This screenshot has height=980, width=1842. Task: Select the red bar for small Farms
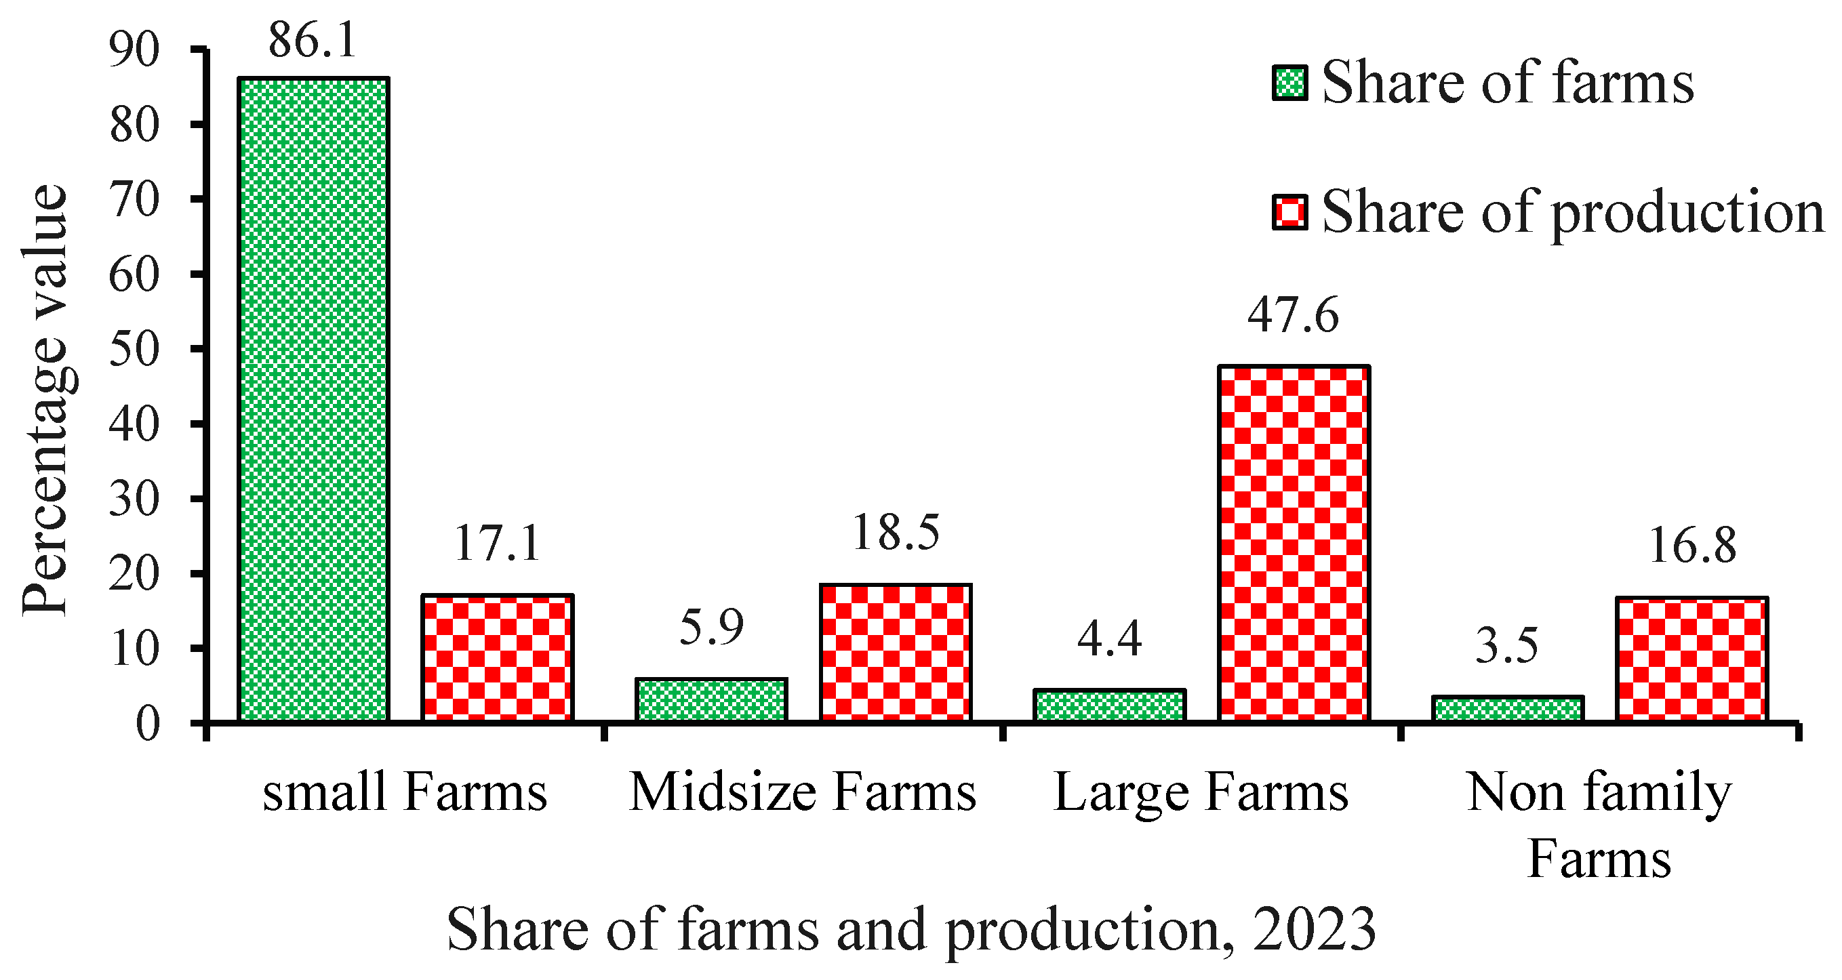pos(498,657)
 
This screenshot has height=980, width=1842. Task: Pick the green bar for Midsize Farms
pos(710,700)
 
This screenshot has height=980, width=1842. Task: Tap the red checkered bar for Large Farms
pos(1294,544)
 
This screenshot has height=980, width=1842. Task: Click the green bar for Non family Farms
pos(1508,708)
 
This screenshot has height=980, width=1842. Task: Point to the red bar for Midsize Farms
pos(896,653)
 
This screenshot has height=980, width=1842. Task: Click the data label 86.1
pos(313,41)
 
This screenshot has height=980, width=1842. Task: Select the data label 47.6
pos(1293,315)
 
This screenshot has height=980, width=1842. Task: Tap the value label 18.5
pos(896,533)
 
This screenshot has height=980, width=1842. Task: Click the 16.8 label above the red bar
pos(1692,547)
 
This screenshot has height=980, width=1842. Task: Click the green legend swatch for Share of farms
pos(1290,83)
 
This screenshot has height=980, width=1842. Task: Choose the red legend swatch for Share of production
pos(1290,213)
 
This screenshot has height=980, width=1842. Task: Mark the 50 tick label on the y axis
pos(134,350)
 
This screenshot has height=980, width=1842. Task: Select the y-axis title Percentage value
pos(44,401)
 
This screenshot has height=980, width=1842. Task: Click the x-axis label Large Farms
pos(1201,794)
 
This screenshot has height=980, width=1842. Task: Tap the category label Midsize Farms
pos(802,794)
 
